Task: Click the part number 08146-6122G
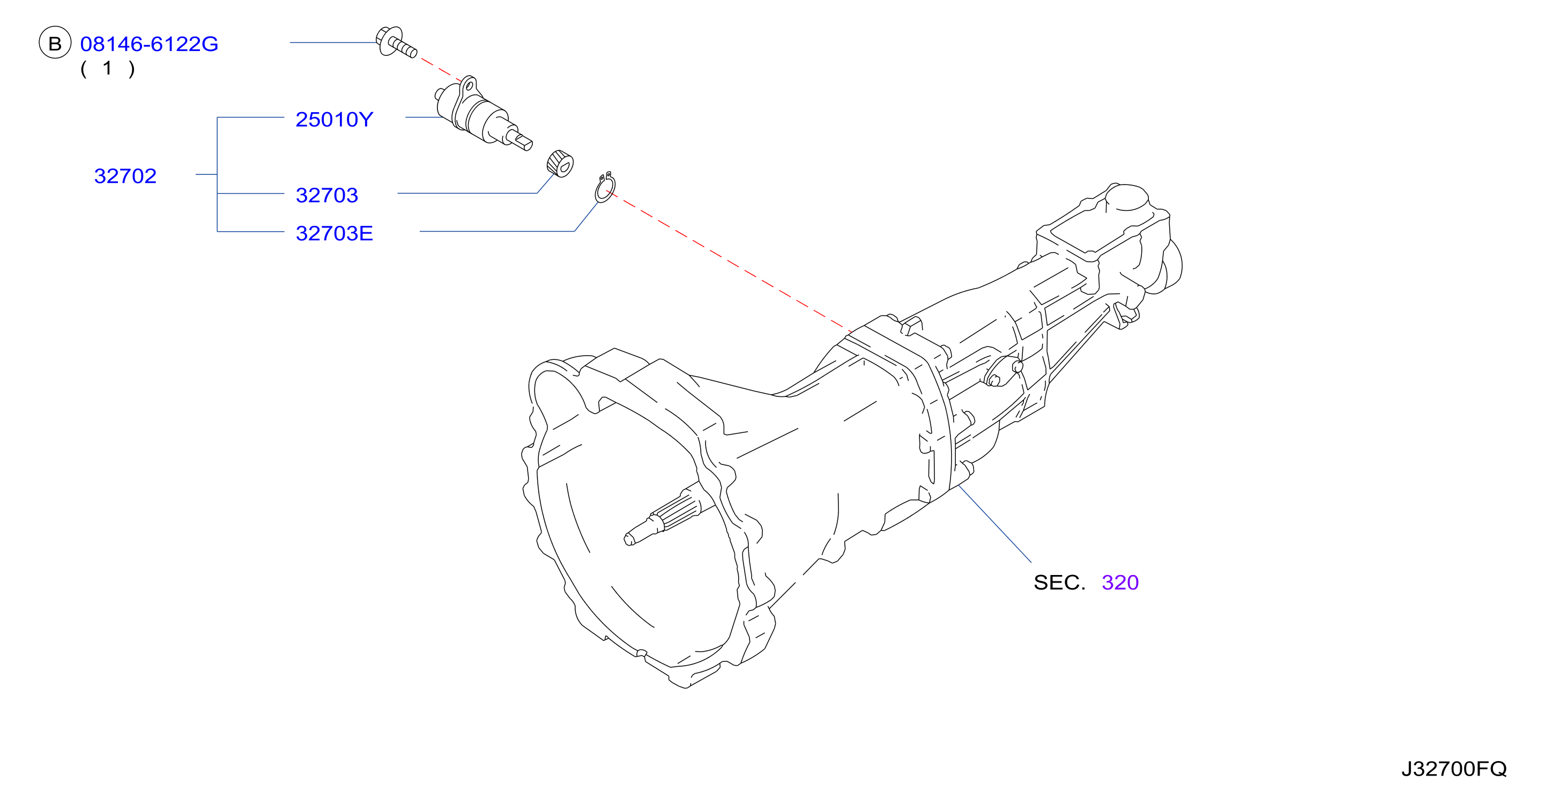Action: pos(149,44)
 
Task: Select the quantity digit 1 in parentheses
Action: pos(108,68)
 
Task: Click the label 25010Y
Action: pos(334,119)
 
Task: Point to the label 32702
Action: pos(125,176)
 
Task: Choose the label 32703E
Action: pos(334,233)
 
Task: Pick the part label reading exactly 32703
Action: pos(326,195)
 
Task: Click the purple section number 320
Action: pos(1120,583)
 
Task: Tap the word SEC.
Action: pos(1059,583)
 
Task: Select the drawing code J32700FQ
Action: pos(1454,769)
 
